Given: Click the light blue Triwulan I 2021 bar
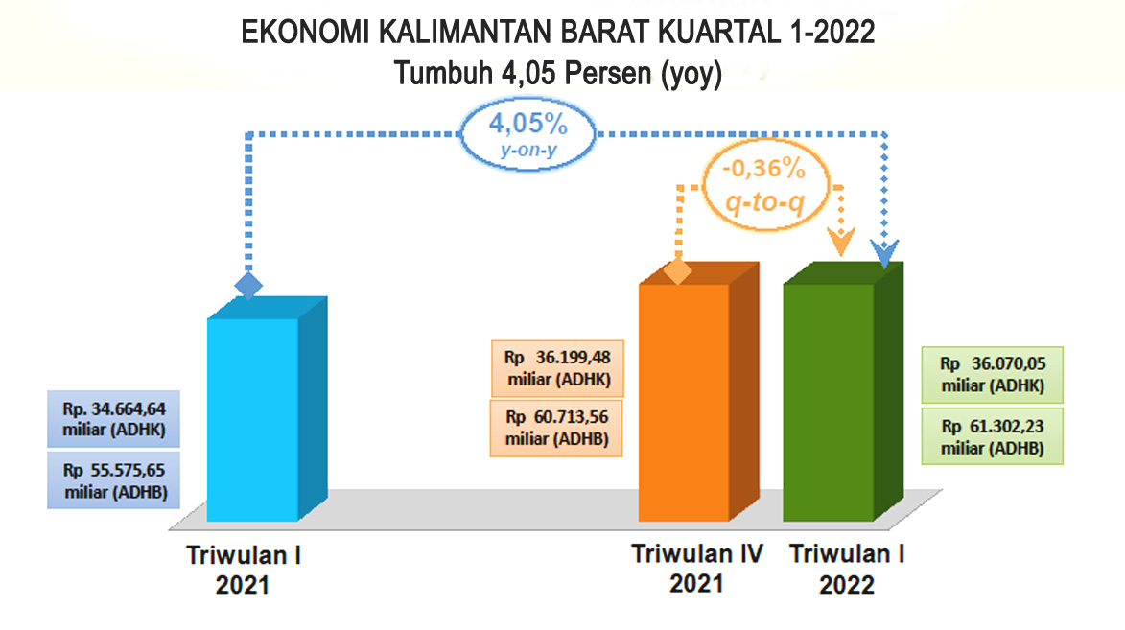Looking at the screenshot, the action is coord(267,409).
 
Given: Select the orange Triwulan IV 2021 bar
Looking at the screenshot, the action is coord(698,392).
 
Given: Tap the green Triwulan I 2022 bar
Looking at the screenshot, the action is coord(842,392).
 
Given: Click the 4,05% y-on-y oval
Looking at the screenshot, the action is coord(528,134).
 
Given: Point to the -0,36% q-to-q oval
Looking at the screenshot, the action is coord(765,185).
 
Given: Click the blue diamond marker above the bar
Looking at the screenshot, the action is coord(248,286).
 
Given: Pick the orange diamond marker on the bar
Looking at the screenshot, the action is coord(678,272).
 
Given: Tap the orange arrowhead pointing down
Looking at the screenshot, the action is coord(841,242).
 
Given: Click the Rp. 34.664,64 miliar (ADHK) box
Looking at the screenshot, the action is coord(113,419).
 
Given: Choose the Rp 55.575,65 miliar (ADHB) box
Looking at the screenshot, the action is coord(113,480).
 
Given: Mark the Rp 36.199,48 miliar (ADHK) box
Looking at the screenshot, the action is coord(557,368).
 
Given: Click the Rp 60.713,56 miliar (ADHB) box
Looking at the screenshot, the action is coord(556,428).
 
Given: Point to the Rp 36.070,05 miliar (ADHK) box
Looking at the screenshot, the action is coord(993,375).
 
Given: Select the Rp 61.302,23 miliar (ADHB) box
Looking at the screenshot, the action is coord(993,436).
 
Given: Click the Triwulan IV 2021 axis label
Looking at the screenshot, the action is coord(696,569).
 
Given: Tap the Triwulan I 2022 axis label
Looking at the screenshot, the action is coord(847,569).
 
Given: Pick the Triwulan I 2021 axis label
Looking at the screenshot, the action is coord(244,570).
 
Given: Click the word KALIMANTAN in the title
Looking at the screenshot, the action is coord(466,33).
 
